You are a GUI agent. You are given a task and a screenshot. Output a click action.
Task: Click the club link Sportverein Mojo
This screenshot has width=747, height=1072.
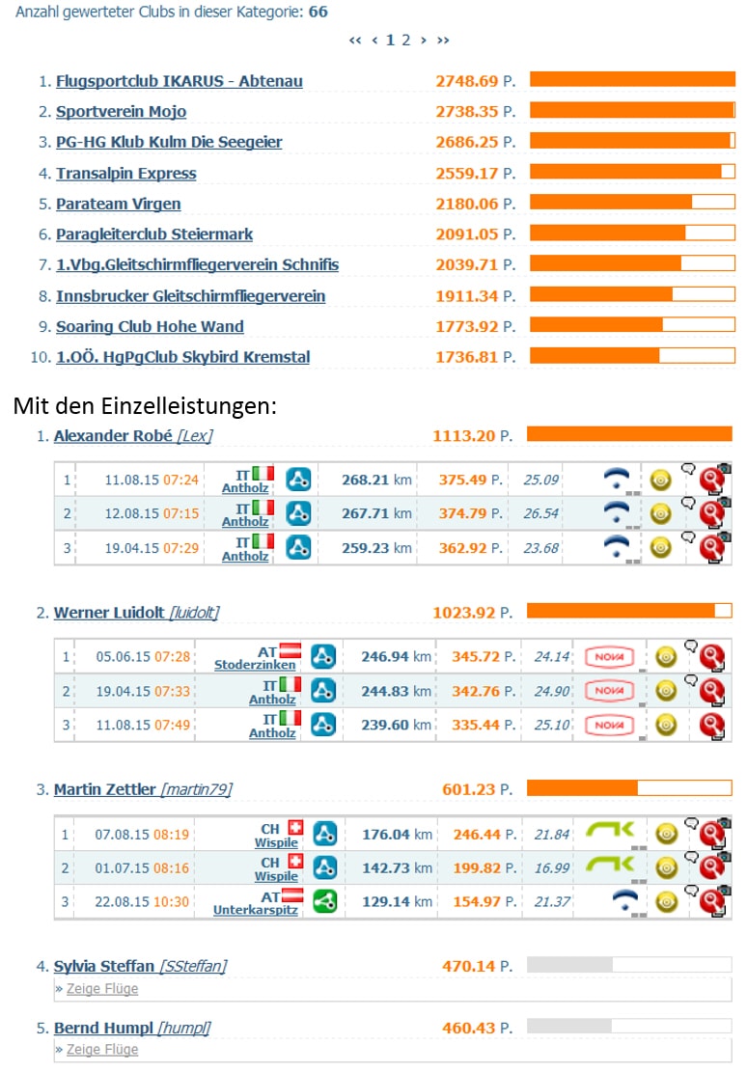121,111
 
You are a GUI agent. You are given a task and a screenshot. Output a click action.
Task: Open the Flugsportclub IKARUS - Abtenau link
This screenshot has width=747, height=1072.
180,81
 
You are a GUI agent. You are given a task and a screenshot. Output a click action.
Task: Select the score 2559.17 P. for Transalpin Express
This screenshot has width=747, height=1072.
476,173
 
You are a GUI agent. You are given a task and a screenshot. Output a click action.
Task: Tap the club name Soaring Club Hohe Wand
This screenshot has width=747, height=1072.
150,326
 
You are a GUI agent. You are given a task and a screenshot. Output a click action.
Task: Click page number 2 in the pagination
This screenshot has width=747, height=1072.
405,40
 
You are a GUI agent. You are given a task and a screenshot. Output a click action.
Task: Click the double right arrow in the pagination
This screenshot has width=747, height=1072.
443,41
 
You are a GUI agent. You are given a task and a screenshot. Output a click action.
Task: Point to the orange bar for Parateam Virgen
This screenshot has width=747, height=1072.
610,203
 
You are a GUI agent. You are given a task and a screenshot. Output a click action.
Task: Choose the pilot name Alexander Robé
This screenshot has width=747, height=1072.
113,435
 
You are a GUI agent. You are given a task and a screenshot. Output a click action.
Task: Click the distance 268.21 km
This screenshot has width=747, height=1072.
376,480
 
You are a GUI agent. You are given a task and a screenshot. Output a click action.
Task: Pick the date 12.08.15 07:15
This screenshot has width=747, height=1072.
152,513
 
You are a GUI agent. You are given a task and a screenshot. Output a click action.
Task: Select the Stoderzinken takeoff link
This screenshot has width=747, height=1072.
255,665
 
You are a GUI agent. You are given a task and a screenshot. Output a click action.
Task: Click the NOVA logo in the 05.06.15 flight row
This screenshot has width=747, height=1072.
609,657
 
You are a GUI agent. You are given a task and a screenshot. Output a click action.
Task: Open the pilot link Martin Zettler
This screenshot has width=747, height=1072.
104,789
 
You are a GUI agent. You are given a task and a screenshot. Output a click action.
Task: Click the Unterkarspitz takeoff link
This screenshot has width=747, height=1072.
255,910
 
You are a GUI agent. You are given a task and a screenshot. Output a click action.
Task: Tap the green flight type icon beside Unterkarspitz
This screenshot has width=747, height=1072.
325,902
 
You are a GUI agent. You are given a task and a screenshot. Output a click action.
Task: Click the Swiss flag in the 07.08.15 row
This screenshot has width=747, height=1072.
294,827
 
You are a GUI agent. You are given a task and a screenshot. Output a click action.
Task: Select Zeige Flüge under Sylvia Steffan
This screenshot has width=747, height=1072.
102,989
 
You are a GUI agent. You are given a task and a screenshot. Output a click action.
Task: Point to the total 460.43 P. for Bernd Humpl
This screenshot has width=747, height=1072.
477,1028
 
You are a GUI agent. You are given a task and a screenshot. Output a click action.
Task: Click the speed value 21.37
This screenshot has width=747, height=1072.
551,902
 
